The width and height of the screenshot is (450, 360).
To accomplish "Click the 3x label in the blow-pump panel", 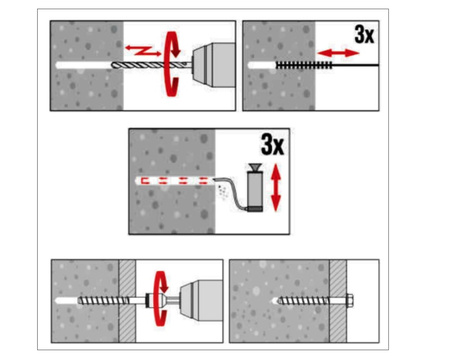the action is [273, 144].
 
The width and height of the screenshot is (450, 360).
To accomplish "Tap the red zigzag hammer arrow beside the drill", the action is [143, 50].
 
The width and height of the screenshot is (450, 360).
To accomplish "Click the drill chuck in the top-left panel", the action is [213, 65].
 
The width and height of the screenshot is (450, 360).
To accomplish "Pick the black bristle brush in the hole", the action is [304, 65].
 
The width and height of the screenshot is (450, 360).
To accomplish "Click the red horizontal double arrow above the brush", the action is [338, 53].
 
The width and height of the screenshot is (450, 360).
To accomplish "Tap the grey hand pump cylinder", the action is [255, 189].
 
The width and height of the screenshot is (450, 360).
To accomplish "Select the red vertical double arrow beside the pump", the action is [276, 188].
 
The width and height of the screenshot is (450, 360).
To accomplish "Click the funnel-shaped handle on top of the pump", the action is [255, 167].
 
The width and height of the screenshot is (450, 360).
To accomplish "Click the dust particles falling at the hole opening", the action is [222, 192].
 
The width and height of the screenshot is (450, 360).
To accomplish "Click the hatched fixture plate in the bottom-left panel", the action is [127, 301].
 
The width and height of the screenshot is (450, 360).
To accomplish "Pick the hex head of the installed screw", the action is [350, 301].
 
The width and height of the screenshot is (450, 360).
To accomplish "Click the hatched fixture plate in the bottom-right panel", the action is [338, 301].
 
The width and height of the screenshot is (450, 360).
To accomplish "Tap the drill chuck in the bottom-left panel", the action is [201, 301].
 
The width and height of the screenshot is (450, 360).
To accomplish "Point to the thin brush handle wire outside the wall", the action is [356, 65].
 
